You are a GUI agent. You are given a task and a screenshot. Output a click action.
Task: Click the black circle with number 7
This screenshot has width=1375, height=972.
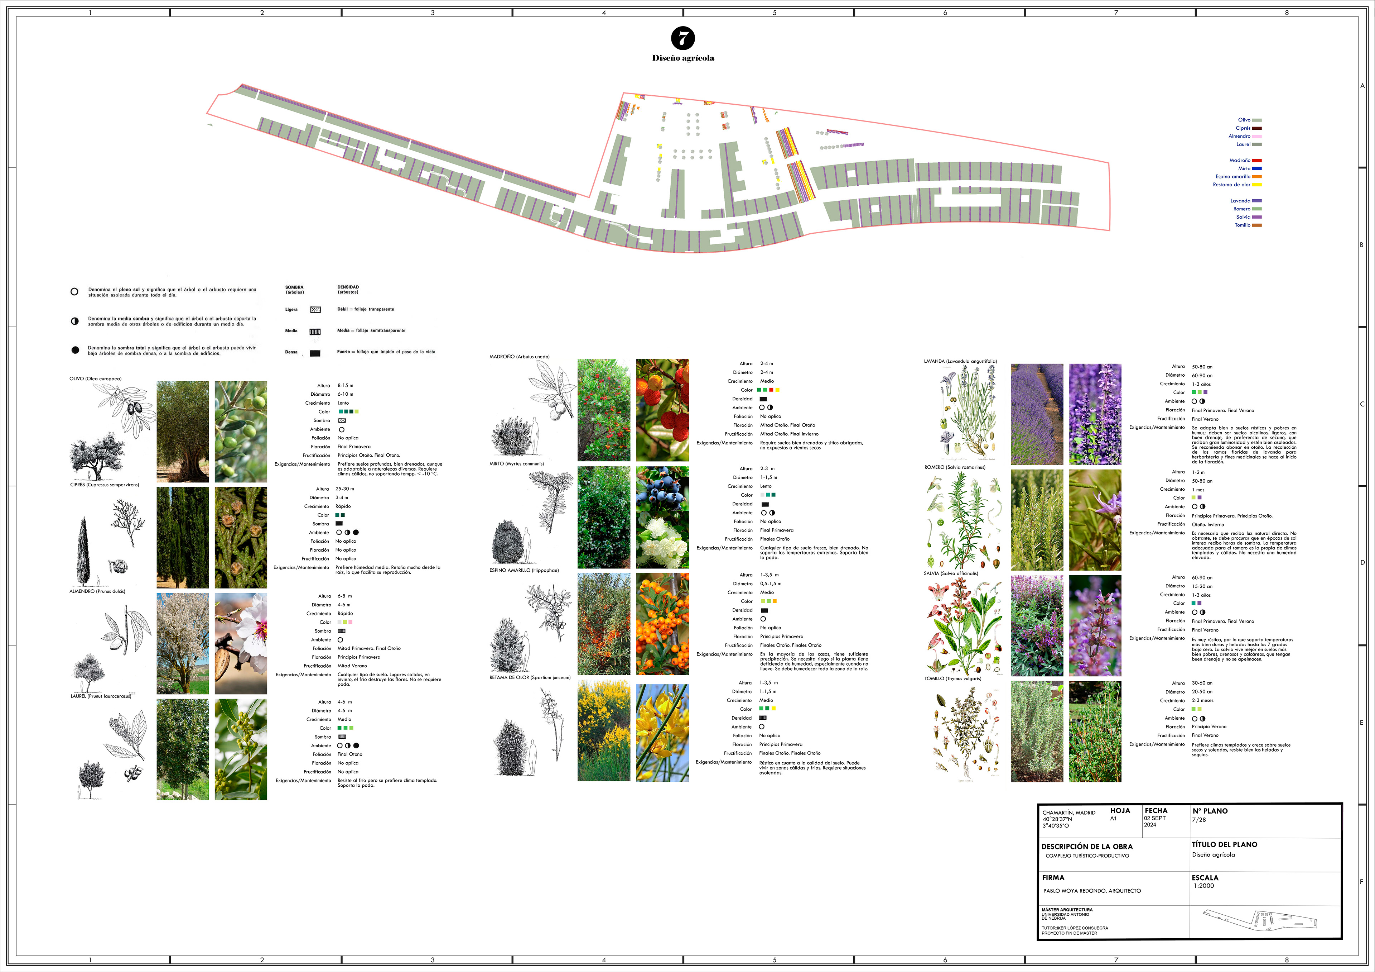pos(683,38)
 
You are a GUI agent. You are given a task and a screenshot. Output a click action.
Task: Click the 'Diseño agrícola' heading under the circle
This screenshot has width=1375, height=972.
pos(683,58)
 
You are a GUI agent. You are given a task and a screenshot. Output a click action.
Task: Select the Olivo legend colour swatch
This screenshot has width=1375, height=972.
pos(1257,120)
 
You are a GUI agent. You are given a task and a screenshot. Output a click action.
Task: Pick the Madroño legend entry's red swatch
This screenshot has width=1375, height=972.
pos(1257,161)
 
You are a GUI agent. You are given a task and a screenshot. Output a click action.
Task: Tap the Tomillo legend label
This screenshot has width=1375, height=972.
pos(1242,225)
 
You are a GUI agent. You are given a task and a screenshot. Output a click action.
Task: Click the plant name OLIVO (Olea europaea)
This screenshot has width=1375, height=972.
pos(95,379)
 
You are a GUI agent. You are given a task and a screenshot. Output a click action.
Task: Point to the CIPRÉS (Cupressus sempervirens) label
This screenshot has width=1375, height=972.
pos(104,485)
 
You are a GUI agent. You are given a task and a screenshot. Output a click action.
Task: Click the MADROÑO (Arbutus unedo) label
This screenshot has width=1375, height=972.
pos(519,357)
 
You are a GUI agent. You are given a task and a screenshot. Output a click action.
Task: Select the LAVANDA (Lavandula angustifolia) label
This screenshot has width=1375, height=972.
pos(960,361)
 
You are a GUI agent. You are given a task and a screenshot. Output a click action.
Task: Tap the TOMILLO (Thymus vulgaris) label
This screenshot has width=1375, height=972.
pos(952,679)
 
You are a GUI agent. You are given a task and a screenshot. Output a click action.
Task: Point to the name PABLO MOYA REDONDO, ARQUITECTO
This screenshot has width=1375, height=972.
pos(1092,891)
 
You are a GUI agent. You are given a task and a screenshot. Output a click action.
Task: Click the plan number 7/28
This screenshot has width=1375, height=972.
pos(1198,820)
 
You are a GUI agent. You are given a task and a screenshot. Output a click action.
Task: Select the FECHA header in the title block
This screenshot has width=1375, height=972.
pos(1156,811)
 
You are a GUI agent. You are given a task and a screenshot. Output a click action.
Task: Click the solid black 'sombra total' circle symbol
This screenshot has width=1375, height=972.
pos(75,350)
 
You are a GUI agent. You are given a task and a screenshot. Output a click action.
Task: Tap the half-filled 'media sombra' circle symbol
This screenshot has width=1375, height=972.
pos(75,321)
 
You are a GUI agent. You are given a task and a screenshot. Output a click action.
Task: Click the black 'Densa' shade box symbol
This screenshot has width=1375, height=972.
pos(315,353)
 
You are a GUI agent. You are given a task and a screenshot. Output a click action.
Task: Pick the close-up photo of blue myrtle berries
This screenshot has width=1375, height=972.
pos(662,517)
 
